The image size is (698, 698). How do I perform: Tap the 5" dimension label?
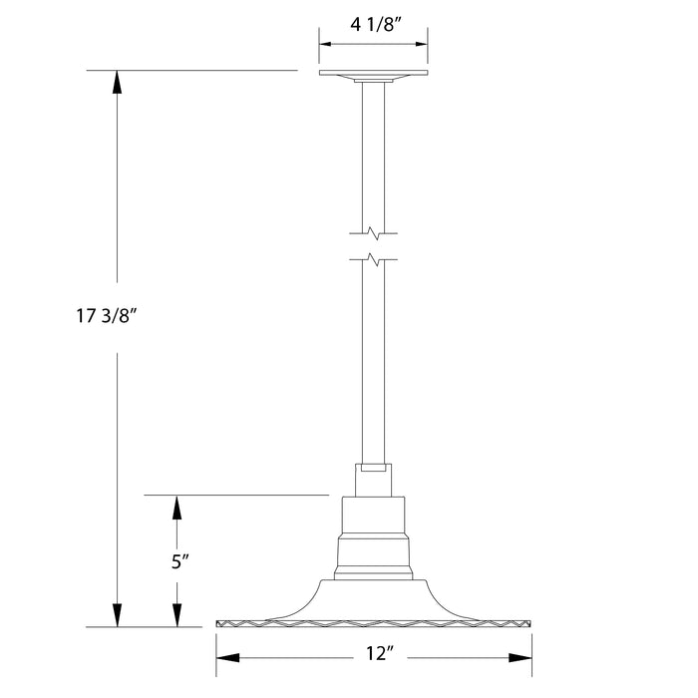[178, 561]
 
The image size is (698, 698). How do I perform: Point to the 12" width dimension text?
[374, 656]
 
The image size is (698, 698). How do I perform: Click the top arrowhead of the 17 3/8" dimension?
[118, 83]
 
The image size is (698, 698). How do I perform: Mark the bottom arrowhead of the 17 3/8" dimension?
[118, 615]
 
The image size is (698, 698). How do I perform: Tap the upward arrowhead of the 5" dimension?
[177, 508]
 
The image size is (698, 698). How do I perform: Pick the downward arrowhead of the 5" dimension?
[177, 616]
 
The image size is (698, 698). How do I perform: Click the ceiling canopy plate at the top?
[373, 75]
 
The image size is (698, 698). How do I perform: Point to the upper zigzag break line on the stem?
[373, 235]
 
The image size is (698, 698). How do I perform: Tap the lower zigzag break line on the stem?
[373, 263]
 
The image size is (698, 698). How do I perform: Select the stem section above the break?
[373, 150]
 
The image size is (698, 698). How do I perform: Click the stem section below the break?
[373, 359]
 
